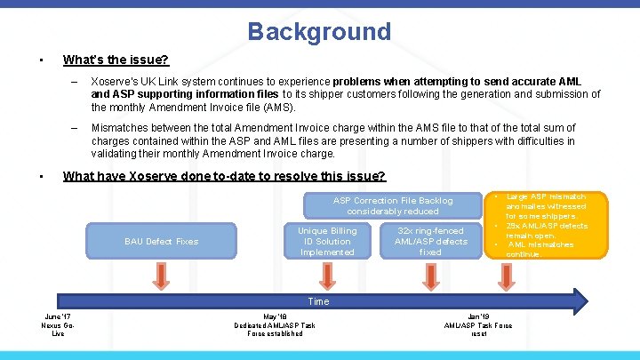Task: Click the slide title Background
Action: tap(319, 32)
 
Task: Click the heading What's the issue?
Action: tap(116, 60)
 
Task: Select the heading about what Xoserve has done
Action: tap(224, 176)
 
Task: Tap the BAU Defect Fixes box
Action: tap(162, 241)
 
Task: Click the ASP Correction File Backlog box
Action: tap(393, 205)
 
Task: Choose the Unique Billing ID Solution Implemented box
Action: tap(327, 241)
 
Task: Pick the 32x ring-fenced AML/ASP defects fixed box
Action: tap(430, 241)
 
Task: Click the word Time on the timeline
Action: tap(318, 301)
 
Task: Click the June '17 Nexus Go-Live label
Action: tap(59, 324)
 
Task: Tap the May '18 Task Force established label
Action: tap(276, 324)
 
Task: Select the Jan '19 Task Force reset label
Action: tap(478, 324)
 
